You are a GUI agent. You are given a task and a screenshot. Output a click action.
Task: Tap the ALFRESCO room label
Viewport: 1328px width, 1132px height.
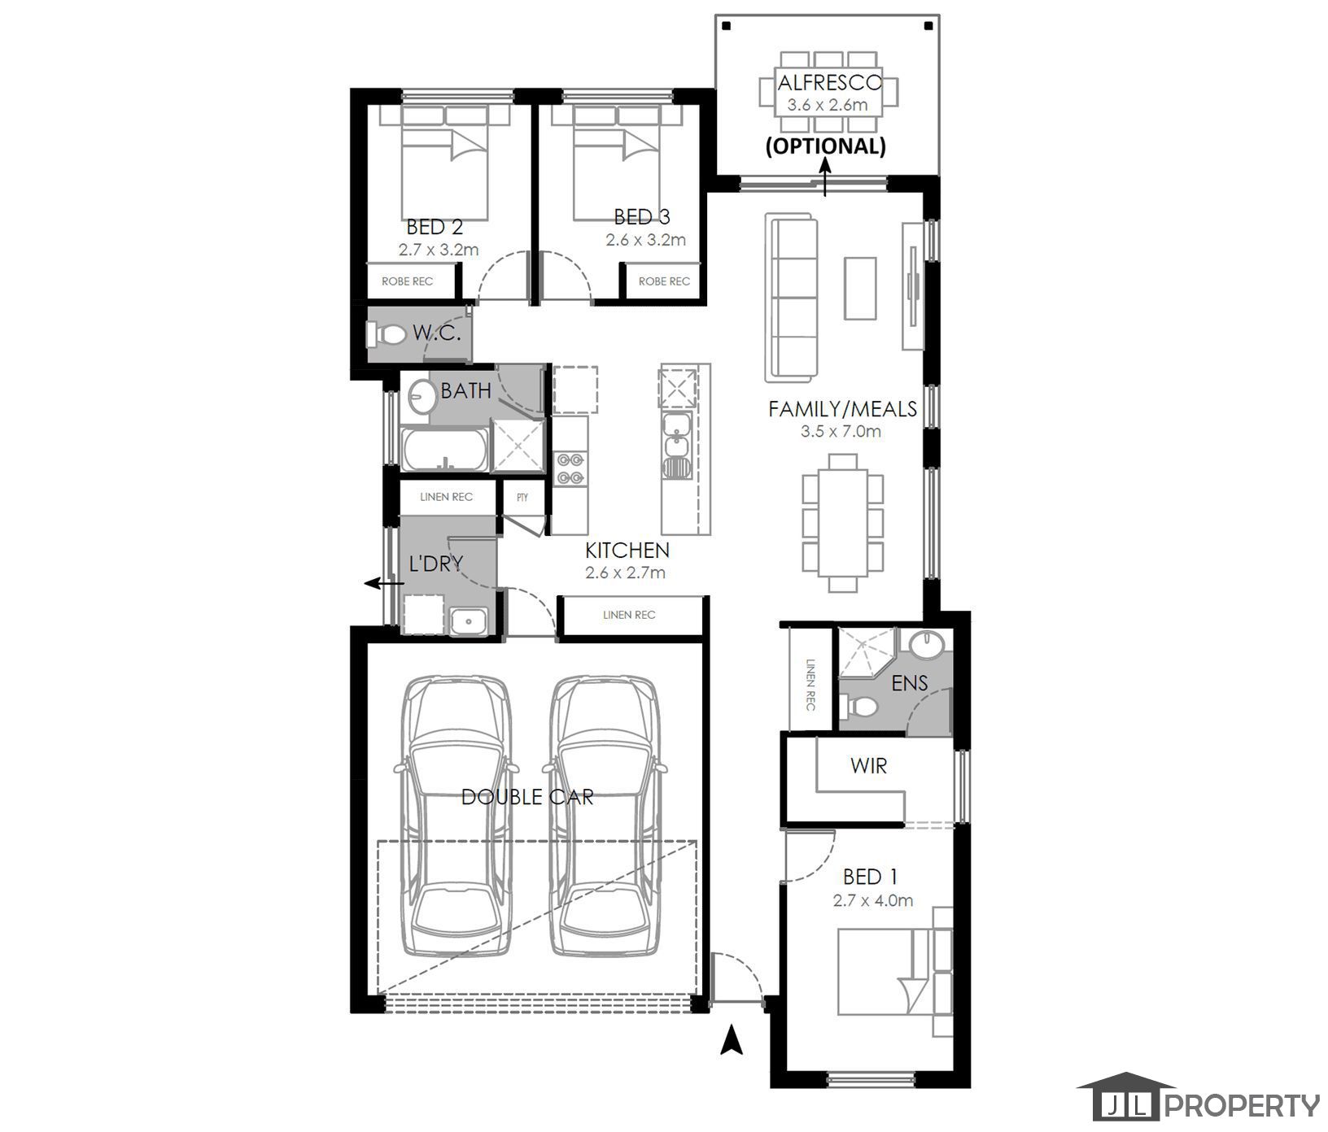(829, 82)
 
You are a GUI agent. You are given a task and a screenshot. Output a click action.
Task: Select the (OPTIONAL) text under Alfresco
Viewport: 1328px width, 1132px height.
(825, 146)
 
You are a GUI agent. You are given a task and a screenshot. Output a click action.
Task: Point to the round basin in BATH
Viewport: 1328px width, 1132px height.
(421, 396)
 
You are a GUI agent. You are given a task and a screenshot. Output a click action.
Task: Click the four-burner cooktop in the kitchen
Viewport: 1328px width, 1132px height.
(570, 468)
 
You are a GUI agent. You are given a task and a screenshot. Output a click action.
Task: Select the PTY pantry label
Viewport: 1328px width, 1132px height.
(522, 497)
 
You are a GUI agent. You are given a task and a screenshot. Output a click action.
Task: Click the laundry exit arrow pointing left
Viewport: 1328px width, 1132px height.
(384, 582)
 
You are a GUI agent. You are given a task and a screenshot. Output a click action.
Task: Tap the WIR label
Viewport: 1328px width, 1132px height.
(868, 765)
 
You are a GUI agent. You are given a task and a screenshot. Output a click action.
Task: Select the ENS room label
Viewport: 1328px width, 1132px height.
(910, 683)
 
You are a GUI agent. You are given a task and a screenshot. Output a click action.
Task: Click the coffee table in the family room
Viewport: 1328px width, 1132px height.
(860, 288)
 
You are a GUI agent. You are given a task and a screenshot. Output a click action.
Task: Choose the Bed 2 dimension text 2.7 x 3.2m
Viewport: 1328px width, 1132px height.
(439, 250)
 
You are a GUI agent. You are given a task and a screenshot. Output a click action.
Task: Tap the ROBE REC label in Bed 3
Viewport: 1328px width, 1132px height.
(664, 281)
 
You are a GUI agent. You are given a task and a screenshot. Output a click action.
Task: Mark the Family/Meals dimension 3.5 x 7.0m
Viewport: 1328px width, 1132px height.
(841, 431)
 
